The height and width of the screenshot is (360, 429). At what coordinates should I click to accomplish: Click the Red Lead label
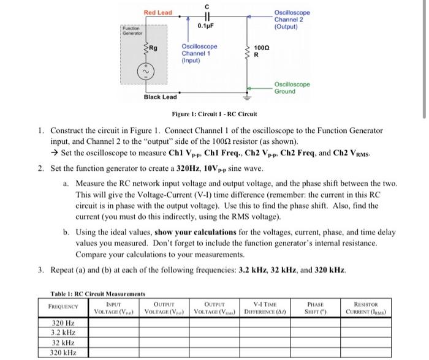coord(158,12)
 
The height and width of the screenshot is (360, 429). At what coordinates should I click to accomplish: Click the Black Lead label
coord(160,97)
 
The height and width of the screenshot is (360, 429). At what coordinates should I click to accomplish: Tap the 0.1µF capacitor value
coord(205,26)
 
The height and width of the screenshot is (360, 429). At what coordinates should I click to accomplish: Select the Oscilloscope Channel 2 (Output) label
coord(292,19)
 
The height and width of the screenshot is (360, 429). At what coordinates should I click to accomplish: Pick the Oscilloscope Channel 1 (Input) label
coord(199,53)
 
